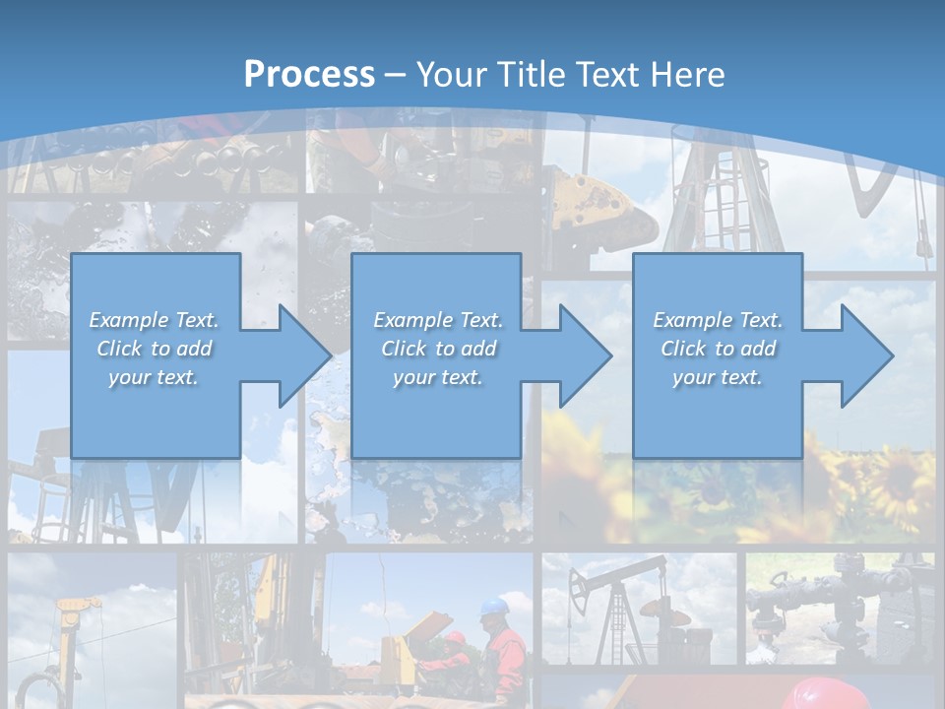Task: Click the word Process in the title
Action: [x=309, y=75]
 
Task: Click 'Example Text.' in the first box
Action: [x=155, y=320]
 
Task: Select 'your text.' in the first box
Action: [x=155, y=377]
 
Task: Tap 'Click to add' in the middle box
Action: [x=438, y=349]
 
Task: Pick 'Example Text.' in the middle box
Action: [x=438, y=320]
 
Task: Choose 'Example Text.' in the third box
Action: [x=718, y=320]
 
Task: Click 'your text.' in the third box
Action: [x=718, y=377]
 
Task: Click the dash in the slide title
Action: [x=395, y=75]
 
